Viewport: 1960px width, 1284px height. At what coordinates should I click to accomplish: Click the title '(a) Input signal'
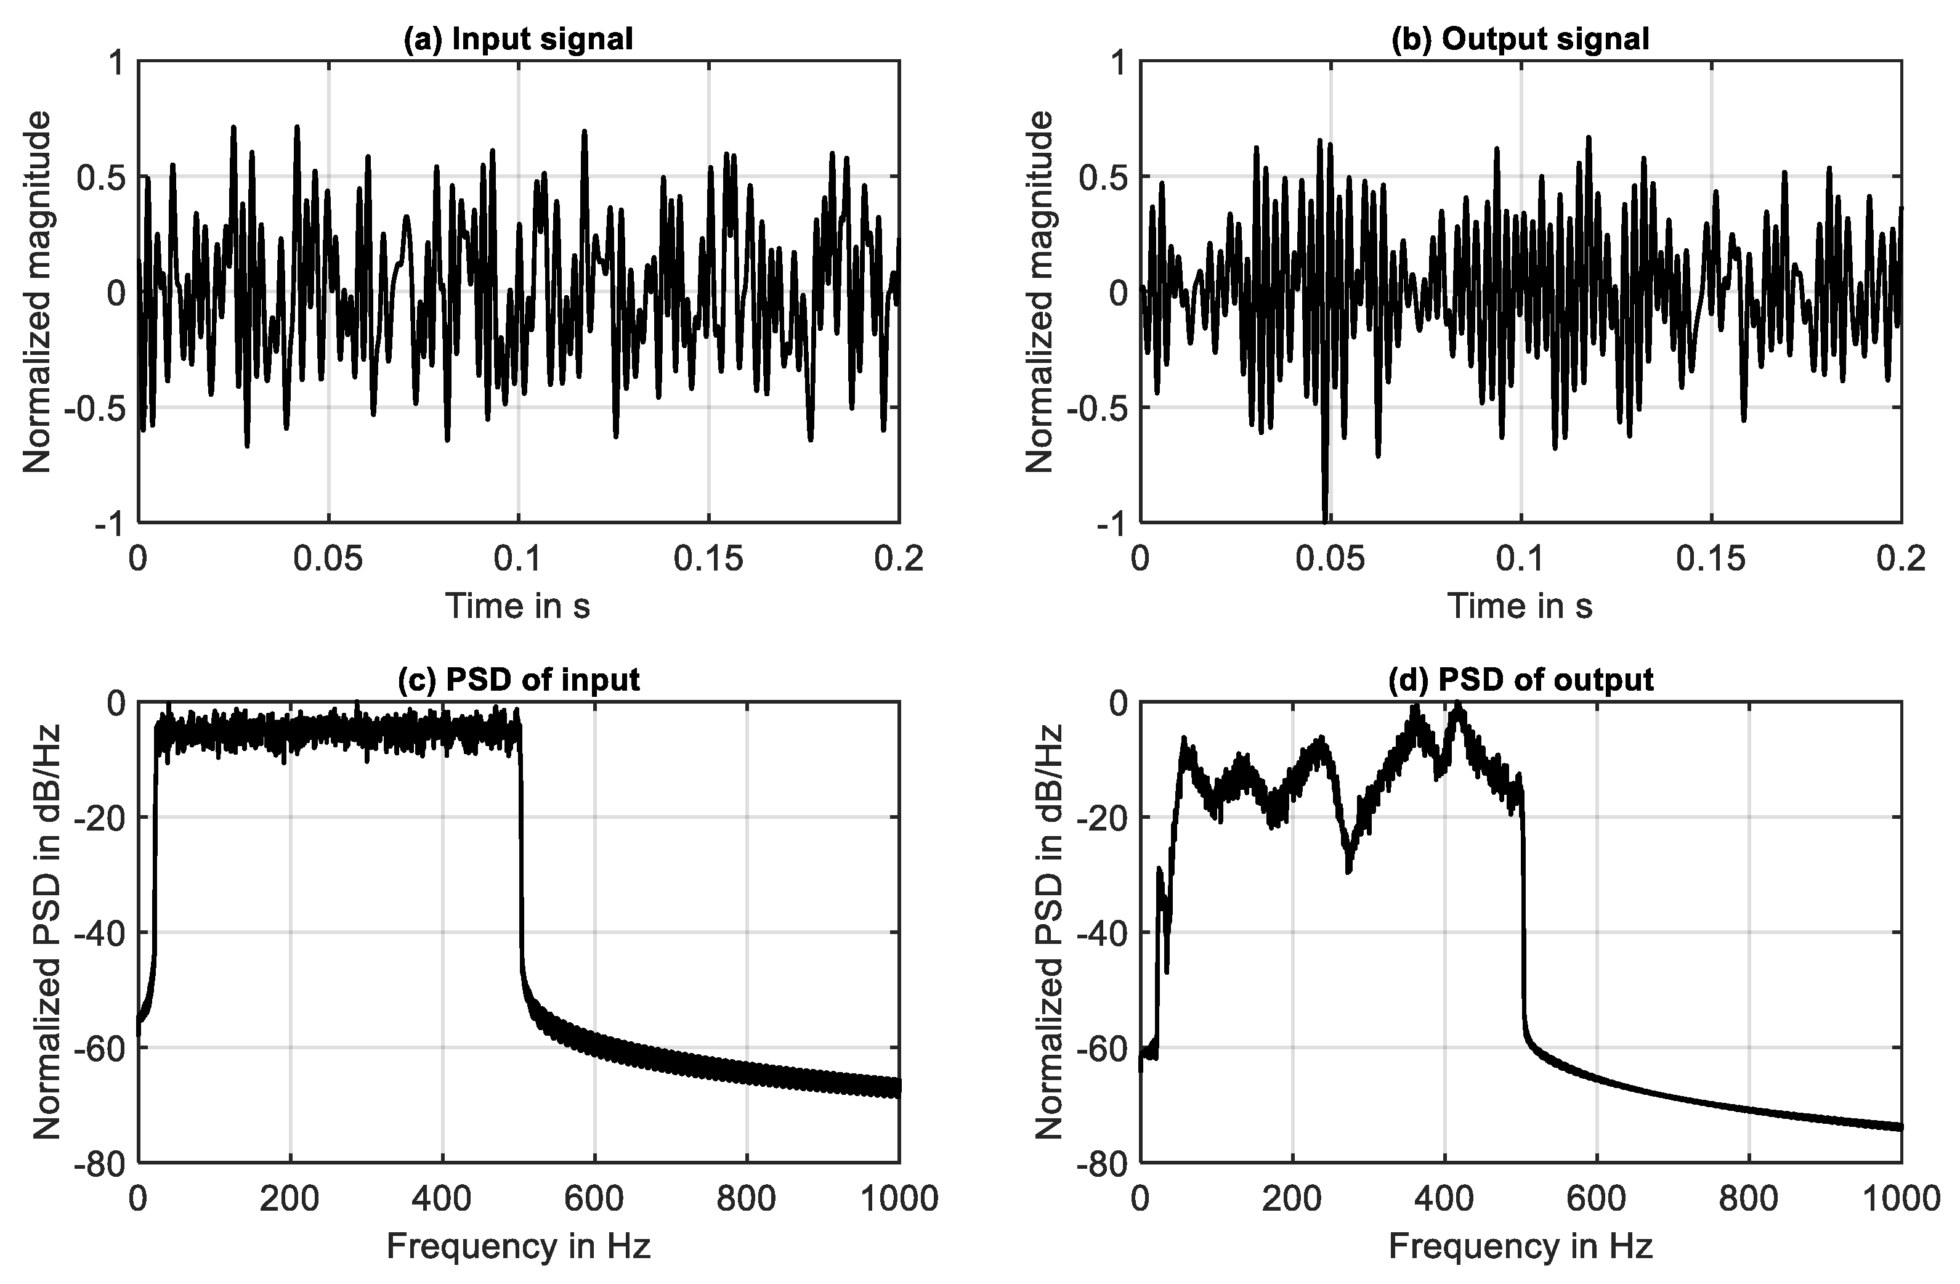point(518,39)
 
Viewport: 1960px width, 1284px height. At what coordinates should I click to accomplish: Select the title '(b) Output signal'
point(1520,39)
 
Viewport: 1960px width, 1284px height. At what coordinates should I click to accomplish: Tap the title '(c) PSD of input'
point(518,680)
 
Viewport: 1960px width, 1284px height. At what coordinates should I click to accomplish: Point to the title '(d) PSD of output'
point(1520,680)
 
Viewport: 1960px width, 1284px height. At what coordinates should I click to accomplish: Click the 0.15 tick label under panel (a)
point(708,560)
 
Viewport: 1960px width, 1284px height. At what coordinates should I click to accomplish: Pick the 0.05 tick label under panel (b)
point(1330,560)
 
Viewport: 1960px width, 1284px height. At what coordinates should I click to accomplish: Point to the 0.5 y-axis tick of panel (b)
point(1104,176)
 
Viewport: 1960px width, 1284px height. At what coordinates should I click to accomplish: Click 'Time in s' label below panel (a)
point(518,607)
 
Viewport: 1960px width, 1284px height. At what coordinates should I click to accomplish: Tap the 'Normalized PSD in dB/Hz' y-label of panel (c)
point(49,932)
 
